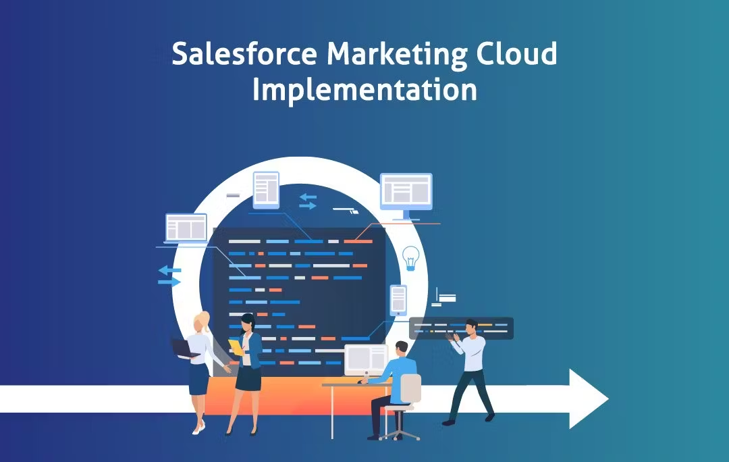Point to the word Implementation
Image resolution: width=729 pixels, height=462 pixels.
364,91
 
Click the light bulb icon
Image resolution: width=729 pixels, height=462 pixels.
410,258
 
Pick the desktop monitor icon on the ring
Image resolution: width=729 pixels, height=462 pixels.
406,194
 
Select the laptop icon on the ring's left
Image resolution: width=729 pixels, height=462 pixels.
186,228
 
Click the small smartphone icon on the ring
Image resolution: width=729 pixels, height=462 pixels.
398,299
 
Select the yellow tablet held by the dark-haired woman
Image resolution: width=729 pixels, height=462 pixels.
236,347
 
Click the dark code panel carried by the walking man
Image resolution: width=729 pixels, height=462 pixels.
462,327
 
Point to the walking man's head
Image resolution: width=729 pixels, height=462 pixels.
470,327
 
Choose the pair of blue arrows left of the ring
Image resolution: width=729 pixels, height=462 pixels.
169,275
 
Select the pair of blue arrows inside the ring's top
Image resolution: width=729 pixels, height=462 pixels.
308,201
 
